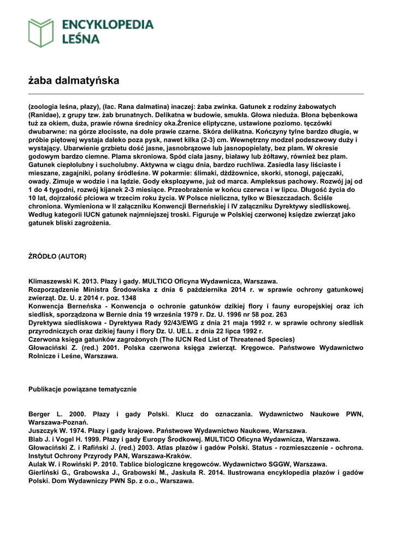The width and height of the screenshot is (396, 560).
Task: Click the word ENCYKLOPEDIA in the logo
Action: (108, 24)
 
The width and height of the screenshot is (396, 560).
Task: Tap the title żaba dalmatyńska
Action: (74, 81)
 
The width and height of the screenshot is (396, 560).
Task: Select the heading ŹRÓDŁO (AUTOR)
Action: (57, 256)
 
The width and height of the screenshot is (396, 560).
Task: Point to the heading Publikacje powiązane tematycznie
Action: (82, 389)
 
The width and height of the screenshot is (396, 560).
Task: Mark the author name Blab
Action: (36, 439)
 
